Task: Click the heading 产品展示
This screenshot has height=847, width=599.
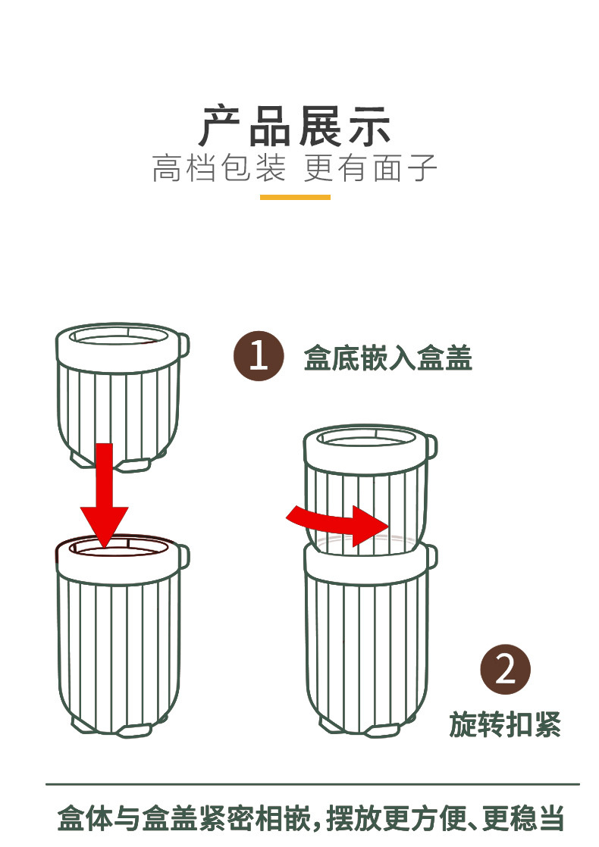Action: [295, 127]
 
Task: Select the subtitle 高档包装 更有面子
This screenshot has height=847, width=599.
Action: [295, 168]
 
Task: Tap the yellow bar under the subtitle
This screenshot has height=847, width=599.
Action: [295, 197]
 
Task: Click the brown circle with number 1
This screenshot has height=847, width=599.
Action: [259, 356]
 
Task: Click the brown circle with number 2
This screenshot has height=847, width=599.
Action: [506, 669]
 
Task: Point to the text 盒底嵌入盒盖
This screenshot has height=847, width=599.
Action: [388, 358]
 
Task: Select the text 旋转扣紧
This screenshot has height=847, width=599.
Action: [506, 724]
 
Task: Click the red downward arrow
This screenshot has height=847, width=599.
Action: [105, 494]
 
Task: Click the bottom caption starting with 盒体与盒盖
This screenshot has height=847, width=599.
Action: [312, 818]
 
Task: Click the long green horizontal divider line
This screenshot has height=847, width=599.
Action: [312, 784]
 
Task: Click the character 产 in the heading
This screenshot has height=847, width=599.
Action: [219, 127]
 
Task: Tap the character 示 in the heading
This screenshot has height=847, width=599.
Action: [370, 127]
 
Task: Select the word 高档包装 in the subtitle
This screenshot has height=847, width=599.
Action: [219, 168]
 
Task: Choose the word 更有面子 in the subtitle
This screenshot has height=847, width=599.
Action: [371, 168]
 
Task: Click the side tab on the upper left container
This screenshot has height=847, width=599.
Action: [183, 345]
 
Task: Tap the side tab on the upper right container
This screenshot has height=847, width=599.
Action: [432, 448]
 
